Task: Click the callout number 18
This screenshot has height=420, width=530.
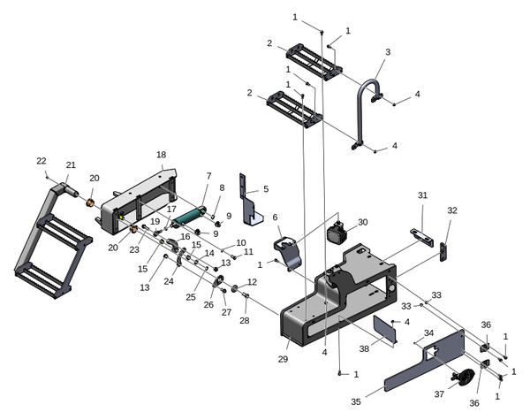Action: [x=161, y=155]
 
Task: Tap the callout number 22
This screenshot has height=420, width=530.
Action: [x=41, y=161]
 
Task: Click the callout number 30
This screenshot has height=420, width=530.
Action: [x=362, y=223]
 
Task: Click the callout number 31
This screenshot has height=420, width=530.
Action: [x=422, y=195]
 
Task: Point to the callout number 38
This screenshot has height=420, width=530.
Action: [x=364, y=349]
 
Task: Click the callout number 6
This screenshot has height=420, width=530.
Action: [x=275, y=218]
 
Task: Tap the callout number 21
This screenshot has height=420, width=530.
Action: [x=71, y=164]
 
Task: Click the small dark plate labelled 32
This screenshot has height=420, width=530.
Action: [x=444, y=251]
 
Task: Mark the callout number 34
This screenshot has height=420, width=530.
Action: [x=428, y=332]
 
